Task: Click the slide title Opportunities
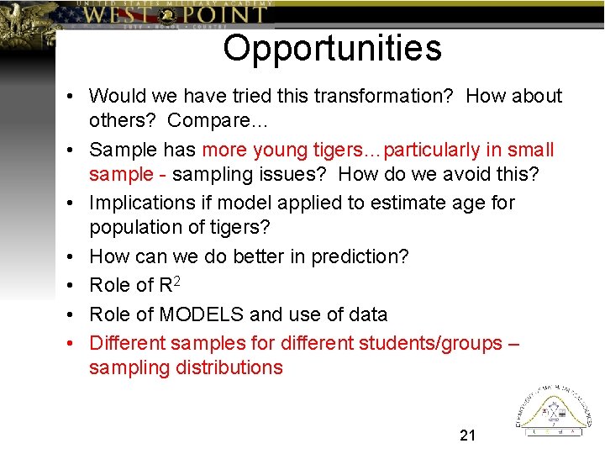[x=332, y=48]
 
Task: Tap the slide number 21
[x=468, y=435]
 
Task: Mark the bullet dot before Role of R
[x=72, y=286]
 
